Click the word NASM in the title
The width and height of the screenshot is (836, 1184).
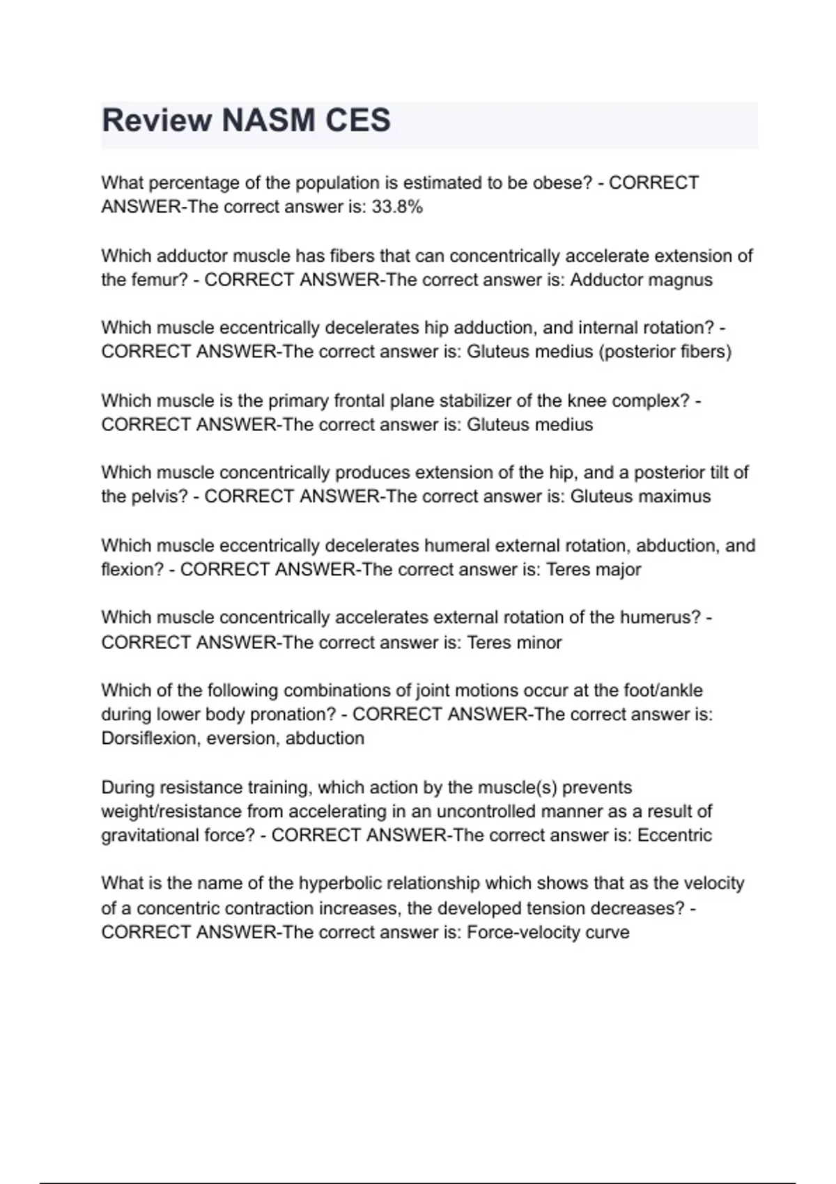coord(268,120)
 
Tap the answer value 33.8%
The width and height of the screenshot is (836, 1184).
coord(397,207)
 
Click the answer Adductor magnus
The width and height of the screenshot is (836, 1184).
coord(641,280)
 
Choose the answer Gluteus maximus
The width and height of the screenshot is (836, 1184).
coord(640,497)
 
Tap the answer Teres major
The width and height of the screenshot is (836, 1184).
coord(594,570)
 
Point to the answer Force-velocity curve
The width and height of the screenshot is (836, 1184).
coord(548,933)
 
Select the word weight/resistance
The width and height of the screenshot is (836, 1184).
coord(180,811)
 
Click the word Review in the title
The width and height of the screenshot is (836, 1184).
coord(157,120)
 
